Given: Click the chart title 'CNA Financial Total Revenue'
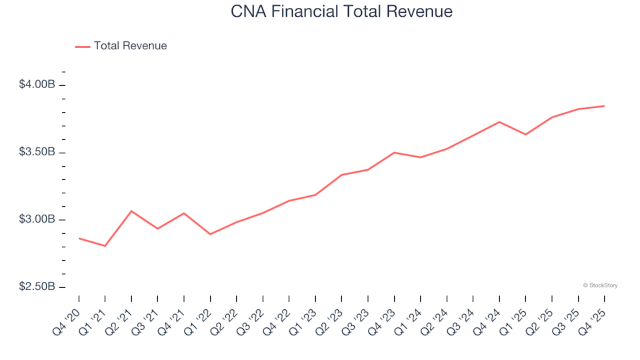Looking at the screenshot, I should pyautogui.click(x=341, y=12).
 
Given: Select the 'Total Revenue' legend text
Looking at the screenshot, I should pyautogui.click(x=130, y=46).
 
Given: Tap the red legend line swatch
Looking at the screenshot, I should pyautogui.click(x=83, y=46).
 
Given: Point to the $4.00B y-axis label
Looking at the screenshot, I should pyautogui.click(x=37, y=85).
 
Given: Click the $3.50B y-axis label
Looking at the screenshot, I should pyautogui.click(x=37, y=153).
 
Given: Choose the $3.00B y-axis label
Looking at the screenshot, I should pyautogui.click(x=37, y=220).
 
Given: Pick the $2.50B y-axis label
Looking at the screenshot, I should pyautogui.click(x=37, y=287).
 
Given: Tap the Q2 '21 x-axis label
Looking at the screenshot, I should pyautogui.click(x=119, y=318).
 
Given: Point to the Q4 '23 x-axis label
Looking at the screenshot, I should pyautogui.click(x=382, y=318).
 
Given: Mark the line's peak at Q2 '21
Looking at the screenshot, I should pyautogui.click(x=131, y=211).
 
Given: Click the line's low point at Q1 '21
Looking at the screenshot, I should pyautogui.click(x=105, y=246).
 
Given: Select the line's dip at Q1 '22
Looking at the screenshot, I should pyautogui.click(x=210, y=234).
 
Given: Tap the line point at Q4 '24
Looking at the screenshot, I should pyautogui.click(x=499, y=122).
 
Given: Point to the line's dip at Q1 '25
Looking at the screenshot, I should pyautogui.click(x=525, y=135).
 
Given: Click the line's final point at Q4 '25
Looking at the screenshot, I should pyautogui.click(x=604, y=106).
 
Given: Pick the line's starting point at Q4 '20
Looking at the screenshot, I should pyautogui.click(x=79, y=238).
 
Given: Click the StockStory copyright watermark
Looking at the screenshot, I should pyautogui.click(x=600, y=285).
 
